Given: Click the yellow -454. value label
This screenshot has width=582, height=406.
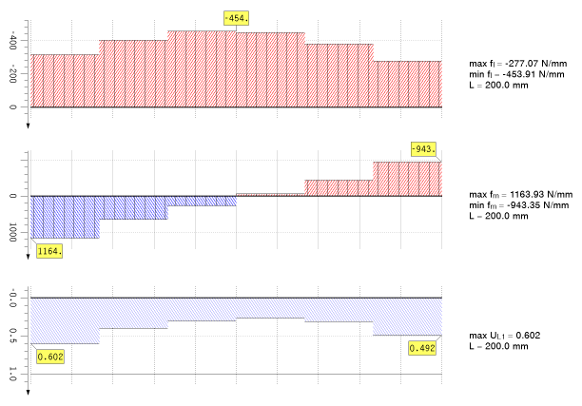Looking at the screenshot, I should [x=237, y=18].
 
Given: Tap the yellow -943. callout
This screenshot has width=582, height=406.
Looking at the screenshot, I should [x=424, y=148].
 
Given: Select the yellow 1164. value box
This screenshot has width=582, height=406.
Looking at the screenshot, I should [x=49, y=251].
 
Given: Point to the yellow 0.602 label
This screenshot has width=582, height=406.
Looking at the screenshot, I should [x=49, y=357].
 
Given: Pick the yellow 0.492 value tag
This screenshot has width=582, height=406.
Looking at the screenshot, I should [x=423, y=348].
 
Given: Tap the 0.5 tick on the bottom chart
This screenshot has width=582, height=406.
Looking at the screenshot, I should [x=12, y=337].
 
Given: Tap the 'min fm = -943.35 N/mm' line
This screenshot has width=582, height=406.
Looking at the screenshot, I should [x=518, y=204].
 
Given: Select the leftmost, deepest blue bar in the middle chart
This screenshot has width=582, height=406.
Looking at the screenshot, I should [x=65, y=217].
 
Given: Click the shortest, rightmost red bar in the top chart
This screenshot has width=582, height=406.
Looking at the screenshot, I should [x=408, y=84].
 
